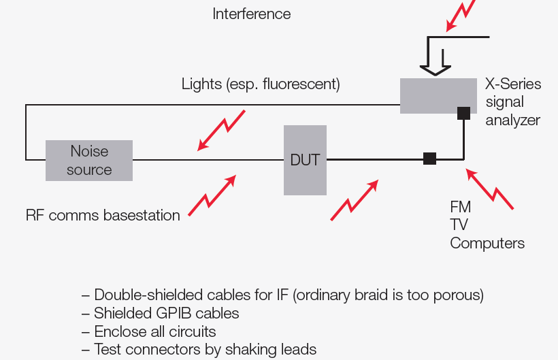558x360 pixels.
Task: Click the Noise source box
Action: pyautogui.click(x=89, y=161)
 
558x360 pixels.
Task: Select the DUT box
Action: pyautogui.click(x=305, y=160)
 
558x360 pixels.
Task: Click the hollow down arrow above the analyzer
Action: pyautogui.click(x=436, y=59)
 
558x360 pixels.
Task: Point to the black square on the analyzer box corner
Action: pyautogui.click(x=463, y=113)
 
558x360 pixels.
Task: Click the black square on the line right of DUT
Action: pyautogui.click(x=429, y=159)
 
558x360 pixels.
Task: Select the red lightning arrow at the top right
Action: pyautogui.click(x=461, y=16)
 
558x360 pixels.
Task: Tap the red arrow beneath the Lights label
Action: pyautogui.click(x=221, y=130)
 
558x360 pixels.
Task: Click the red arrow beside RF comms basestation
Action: pyautogui.click(x=212, y=196)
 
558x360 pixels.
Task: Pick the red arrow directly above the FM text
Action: pyautogui.click(x=490, y=189)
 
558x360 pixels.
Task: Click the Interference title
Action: pyautogui.click(x=252, y=14)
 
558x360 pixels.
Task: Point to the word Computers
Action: pyautogui.click(x=487, y=243)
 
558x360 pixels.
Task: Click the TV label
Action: pyautogui.click(x=459, y=225)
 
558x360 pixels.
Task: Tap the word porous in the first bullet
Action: pyautogui.click(x=458, y=295)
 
